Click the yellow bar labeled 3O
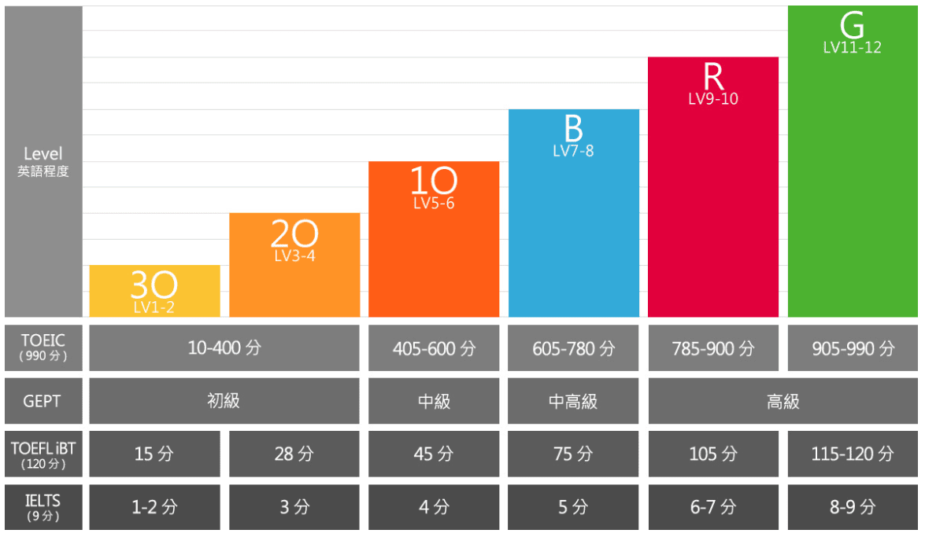(x=154, y=291)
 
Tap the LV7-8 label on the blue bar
(x=573, y=151)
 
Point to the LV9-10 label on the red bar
(x=712, y=99)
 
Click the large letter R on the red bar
(x=712, y=77)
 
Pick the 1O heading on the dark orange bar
(x=434, y=182)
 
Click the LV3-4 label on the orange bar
(x=294, y=256)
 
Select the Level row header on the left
(x=43, y=161)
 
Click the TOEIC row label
(x=43, y=348)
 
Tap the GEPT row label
(x=43, y=401)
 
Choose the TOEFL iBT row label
(x=43, y=454)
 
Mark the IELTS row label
(x=43, y=507)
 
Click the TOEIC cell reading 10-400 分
(x=224, y=348)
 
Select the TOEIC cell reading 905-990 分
(x=853, y=348)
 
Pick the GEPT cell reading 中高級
(x=573, y=401)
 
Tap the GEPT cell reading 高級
(x=783, y=401)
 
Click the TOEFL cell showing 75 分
(x=573, y=454)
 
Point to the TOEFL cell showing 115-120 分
(x=853, y=454)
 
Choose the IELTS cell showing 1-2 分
(x=154, y=507)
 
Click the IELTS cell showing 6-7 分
(x=712, y=507)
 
